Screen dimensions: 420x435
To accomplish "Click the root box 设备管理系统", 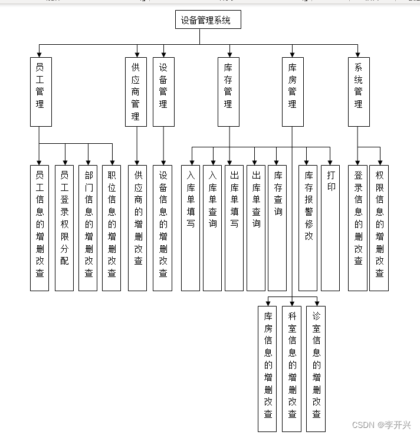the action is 208,19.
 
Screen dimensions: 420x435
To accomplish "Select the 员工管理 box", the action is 41,92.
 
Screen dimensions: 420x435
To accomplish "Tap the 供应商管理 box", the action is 136,92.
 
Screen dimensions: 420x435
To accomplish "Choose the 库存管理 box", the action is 228,92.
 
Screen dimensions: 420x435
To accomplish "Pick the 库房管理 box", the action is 293,92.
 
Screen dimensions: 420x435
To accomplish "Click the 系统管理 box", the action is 359,92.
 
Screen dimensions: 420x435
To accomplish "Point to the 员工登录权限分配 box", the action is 64,228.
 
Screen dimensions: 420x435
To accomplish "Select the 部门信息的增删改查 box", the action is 88,228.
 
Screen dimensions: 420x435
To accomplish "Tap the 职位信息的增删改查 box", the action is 111,228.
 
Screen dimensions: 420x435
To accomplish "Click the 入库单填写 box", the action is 191,228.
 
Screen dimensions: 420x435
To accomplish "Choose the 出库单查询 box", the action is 256,228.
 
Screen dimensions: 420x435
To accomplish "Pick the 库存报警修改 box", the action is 308,228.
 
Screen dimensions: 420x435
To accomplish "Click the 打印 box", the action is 330,228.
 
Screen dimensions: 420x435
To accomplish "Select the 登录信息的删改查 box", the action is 358,228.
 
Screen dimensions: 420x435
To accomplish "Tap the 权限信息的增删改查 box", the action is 379,228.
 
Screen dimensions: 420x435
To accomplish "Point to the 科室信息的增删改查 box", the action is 291,369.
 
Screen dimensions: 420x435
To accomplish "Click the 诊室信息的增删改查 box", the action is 316,369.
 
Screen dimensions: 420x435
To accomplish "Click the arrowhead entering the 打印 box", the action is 330,163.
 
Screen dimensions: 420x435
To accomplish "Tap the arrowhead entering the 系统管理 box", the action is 357,55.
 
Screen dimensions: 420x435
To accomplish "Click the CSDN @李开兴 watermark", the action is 381,425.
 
